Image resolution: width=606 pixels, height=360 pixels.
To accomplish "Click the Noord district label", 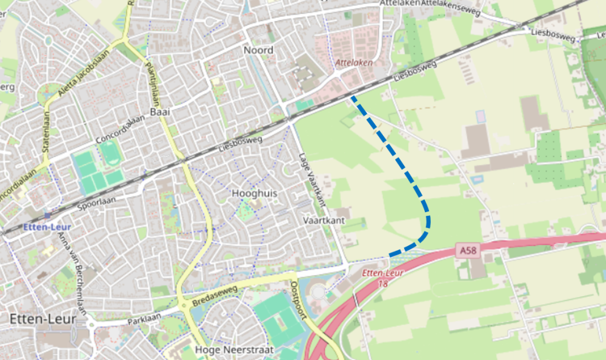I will click(258, 50).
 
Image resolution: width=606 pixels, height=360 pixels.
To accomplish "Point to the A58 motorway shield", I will click(467, 249).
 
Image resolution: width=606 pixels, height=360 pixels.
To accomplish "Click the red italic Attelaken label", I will click(353, 62).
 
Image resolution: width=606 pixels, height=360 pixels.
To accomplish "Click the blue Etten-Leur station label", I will click(43, 227).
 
